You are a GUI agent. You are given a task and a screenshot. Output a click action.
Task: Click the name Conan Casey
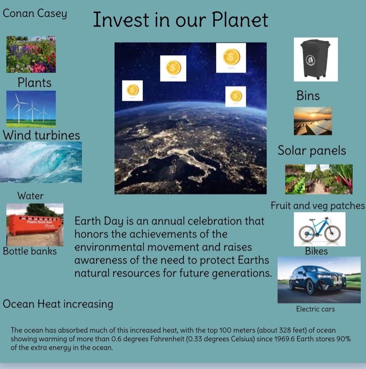35,14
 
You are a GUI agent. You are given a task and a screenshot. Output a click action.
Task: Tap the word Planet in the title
240,20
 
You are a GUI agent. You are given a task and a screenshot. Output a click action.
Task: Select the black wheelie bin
315,59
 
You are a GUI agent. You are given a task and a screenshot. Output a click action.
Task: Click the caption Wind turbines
41,135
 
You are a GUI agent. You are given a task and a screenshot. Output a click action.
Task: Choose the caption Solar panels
311,151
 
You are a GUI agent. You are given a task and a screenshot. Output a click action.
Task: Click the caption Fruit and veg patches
317,206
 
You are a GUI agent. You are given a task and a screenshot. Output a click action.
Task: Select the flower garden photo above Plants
31,54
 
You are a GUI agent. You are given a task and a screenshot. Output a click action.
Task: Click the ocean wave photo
41,162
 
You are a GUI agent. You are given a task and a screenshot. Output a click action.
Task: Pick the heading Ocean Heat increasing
58,304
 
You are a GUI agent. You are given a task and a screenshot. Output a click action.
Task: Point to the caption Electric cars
315,309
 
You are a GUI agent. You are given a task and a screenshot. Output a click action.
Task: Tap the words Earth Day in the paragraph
99,221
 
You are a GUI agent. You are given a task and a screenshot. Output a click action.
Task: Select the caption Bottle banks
30,251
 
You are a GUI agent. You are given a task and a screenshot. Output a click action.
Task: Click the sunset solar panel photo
313,121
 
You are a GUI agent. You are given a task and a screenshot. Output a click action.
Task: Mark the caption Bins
308,96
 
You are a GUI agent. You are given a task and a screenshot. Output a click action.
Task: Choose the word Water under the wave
30,196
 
